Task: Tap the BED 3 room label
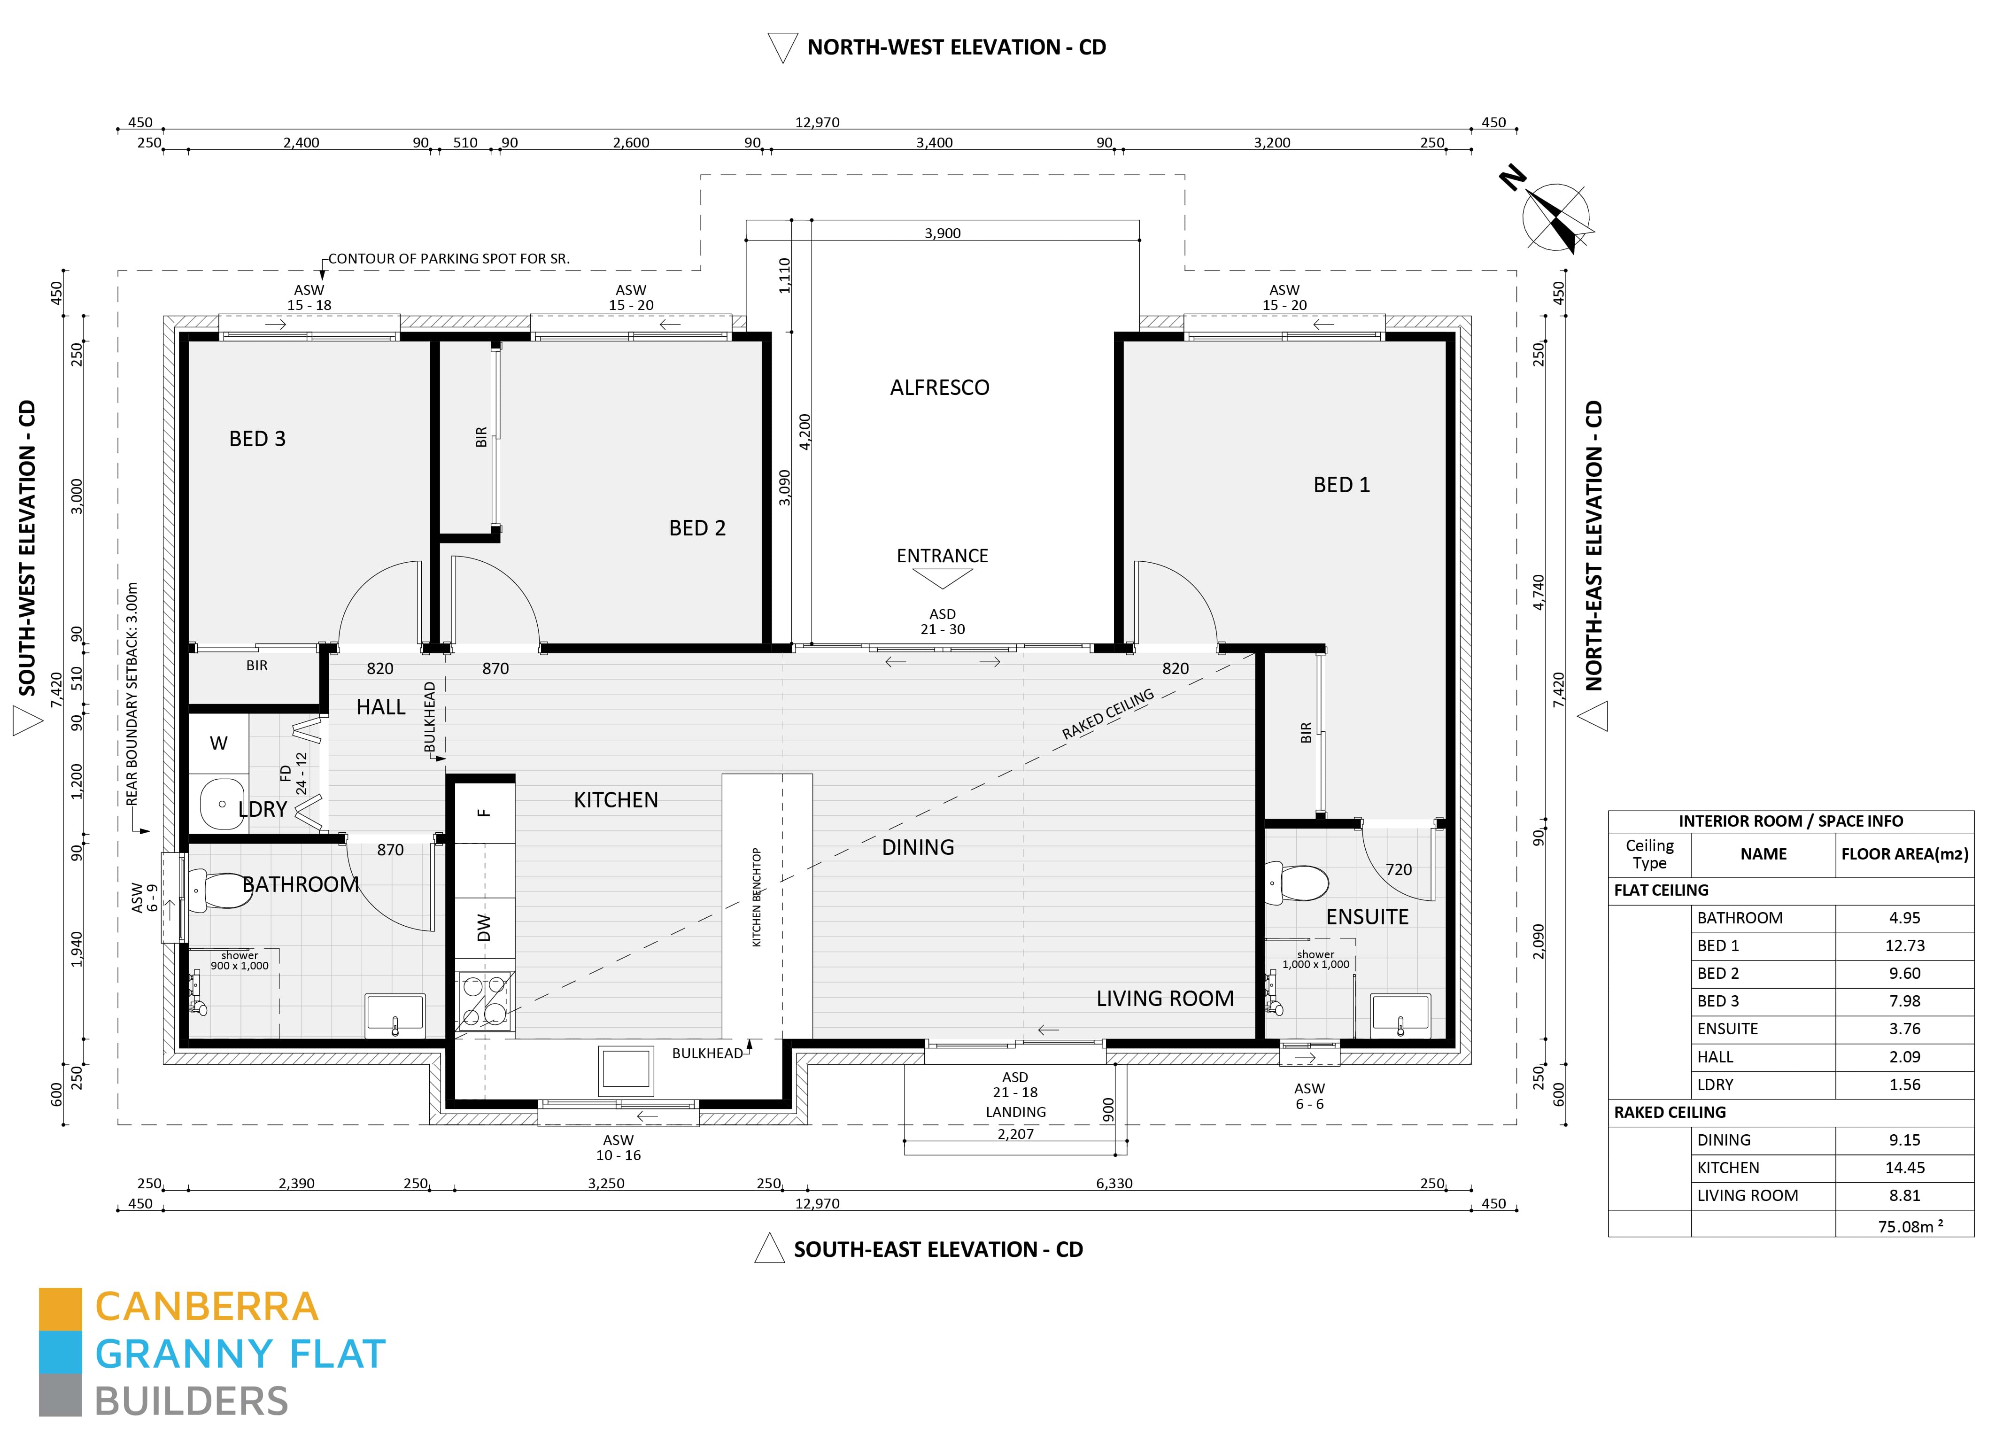pyautogui.click(x=257, y=439)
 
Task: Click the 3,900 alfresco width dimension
pyautogui.click(x=943, y=233)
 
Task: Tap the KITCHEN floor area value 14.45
pyautogui.click(x=1904, y=1168)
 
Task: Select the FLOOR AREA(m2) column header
pyautogui.click(x=1904, y=854)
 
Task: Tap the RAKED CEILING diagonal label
pyautogui.click(x=1108, y=714)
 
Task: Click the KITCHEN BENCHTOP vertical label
pyautogui.click(x=756, y=898)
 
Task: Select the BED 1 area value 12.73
pyautogui.click(x=1904, y=945)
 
